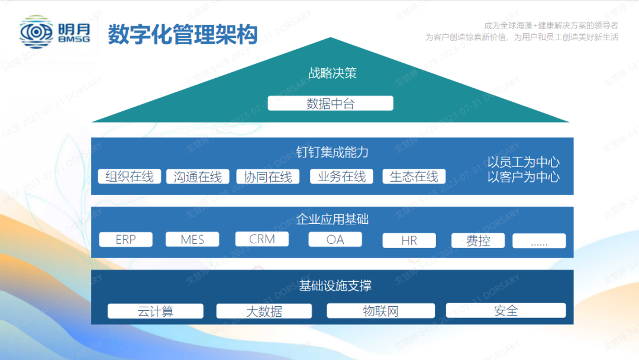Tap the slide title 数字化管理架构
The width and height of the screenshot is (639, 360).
point(183,34)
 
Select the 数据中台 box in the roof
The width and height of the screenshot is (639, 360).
point(331,104)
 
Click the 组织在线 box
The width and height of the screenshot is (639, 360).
point(130,176)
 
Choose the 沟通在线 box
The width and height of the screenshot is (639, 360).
point(198,176)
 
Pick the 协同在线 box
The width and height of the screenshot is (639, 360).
point(268,176)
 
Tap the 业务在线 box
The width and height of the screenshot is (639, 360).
point(341,176)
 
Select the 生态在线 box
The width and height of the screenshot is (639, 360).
point(414,176)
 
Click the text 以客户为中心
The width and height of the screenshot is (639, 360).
point(524,176)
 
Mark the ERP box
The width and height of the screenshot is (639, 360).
point(125,239)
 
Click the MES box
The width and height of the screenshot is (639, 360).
point(192,239)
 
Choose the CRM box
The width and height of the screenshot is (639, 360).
point(262,239)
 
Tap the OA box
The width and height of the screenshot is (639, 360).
point(335,239)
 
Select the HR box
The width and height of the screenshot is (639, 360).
point(409,240)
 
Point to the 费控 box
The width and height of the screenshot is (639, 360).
point(477,240)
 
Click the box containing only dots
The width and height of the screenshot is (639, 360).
point(539,241)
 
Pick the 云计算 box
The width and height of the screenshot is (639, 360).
point(156,311)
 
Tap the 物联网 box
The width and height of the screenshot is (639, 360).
point(381,311)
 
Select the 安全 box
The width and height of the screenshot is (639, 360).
point(506,310)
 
